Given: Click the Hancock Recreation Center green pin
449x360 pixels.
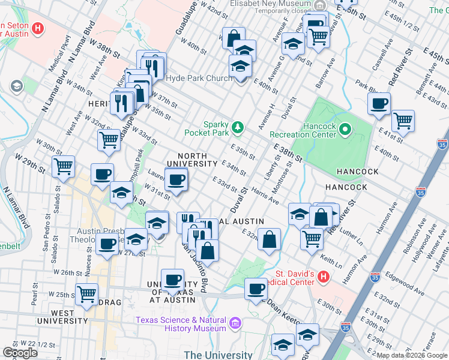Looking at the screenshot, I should (345, 129).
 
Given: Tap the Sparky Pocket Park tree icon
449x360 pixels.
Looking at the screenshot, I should (239, 126).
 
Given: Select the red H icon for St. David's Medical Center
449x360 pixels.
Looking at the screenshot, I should (324, 277).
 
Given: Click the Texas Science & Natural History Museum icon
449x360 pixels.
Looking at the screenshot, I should (235, 324).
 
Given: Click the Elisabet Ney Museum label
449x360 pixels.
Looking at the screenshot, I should (270, 3).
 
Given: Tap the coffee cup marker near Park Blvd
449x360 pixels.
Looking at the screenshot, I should (379, 104).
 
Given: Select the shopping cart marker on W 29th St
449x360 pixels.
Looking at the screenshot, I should (63, 166).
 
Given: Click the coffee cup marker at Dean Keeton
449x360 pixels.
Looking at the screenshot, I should (256, 289).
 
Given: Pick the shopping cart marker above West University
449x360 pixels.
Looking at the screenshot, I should (87, 294).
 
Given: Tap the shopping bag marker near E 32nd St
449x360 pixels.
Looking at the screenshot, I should (270, 239).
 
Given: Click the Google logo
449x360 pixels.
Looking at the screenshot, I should (20, 353).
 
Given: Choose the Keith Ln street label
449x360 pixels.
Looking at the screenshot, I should (331, 261).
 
